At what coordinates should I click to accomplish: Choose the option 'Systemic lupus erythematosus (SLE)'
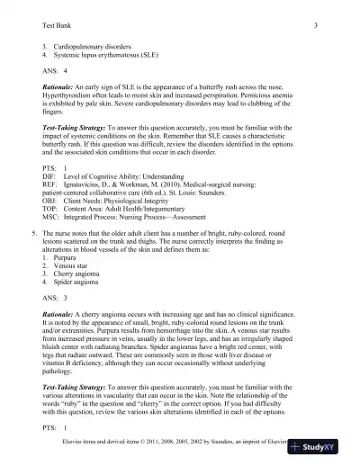coord(112,52)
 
